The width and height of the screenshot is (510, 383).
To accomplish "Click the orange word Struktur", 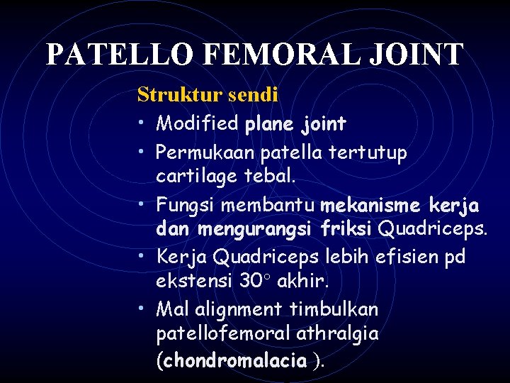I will (179, 94).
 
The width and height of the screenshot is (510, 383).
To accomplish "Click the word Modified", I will (197, 124).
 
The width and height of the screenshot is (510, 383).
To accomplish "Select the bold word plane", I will (269, 125).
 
